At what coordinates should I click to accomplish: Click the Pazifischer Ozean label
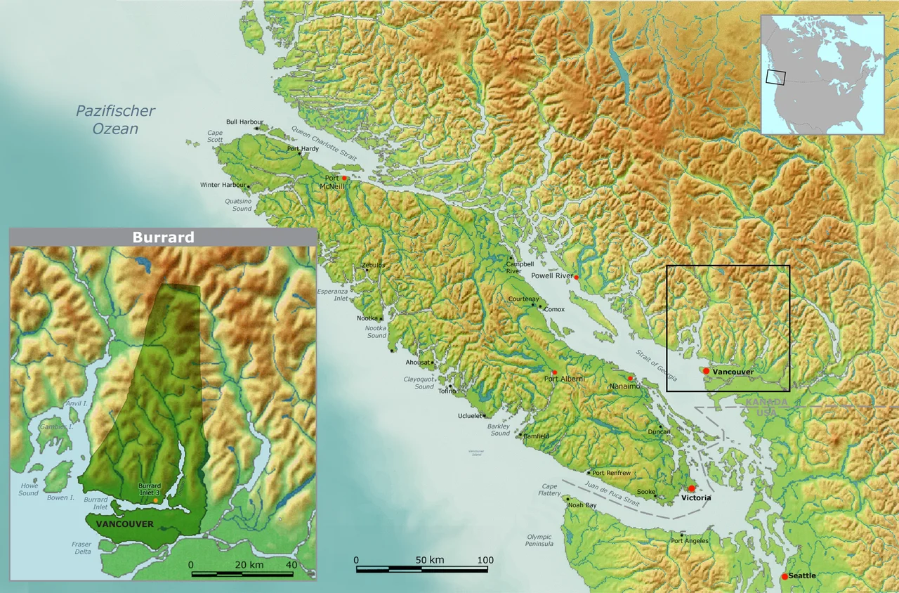pos(115,119)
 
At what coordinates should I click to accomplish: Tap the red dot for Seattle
pos(785,576)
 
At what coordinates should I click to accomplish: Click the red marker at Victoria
pos(691,488)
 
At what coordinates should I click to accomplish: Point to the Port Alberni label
pos(565,379)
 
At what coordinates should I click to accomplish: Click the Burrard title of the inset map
pos(163,237)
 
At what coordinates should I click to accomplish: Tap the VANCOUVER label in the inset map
pos(124,524)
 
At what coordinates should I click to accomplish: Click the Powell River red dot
pos(576,278)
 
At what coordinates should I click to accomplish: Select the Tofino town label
pos(447,392)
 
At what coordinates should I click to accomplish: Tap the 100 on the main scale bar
pos(485,560)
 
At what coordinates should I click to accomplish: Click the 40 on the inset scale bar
pos(291,564)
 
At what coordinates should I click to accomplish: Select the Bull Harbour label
pos(244,122)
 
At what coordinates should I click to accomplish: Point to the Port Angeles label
pos(689,540)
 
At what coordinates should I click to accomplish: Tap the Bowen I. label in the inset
pos(60,497)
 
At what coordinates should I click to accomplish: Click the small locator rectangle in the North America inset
pos(775,77)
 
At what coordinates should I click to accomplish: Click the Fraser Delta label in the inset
pos(81,547)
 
